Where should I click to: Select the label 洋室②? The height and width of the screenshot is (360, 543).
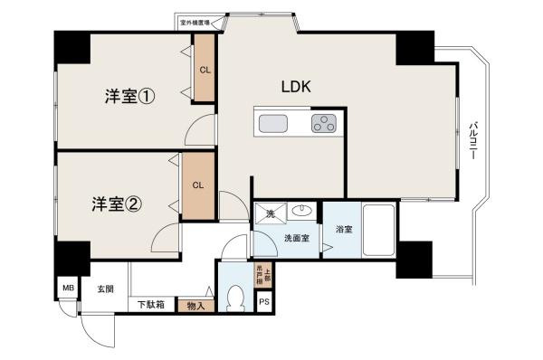pyautogui.click(x=116, y=204)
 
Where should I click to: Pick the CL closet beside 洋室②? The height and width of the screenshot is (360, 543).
pyautogui.click(x=197, y=185)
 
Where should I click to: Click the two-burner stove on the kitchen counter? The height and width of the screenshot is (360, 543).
pyautogui.click(x=323, y=124)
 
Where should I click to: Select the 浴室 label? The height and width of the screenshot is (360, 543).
pyautogui.click(x=343, y=228)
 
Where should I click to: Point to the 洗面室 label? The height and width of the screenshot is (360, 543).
pyautogui.click(x=297, y=239)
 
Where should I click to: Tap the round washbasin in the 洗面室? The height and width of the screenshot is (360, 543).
pyautogui.click(x=300, y=214)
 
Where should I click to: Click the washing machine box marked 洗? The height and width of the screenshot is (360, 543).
pyautogui.click(x=270, y=214)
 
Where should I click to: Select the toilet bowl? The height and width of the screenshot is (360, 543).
pyautogui.click(x=236, y=297)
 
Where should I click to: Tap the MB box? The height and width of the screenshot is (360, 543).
pyautogui.click(x=68, y=289)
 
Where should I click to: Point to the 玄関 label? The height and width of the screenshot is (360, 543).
pyautogui.click(x=105, y=289)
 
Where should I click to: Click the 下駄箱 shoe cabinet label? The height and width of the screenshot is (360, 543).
pyautogui.click(x=151, y=306)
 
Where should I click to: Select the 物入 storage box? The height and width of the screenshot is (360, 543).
pyautogui.click(x=195, y=306)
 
